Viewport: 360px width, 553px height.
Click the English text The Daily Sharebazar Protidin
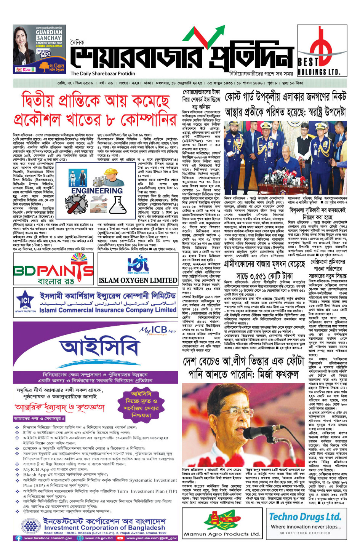(x=103, y=74)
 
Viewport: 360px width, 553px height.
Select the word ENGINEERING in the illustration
(x=97, y=191)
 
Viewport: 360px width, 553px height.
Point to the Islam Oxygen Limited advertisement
(x=138, y=270)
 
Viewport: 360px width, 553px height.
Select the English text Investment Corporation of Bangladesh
(x=104, y=528)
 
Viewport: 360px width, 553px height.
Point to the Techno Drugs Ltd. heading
(x=305, y=517)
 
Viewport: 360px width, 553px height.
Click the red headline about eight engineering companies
(x=95, y=110)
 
